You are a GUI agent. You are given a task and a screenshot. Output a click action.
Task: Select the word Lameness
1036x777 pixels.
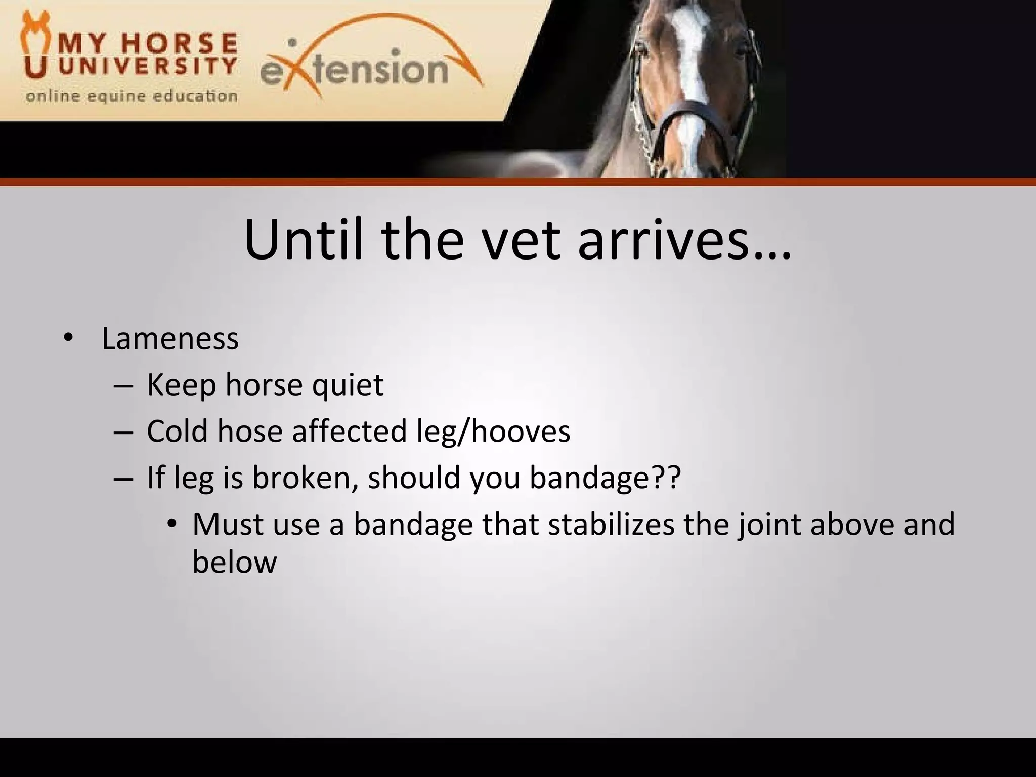click(170, 338)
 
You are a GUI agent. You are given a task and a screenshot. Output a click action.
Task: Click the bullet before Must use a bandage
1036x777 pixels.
click(172, 525)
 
